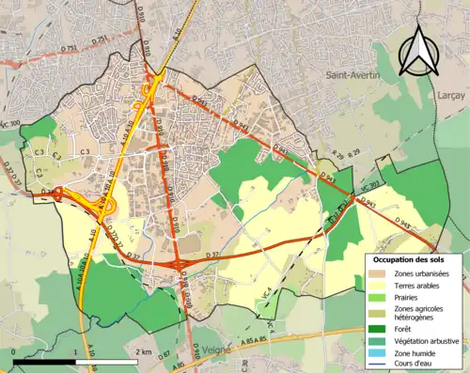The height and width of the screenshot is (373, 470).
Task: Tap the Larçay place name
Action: [451, 95]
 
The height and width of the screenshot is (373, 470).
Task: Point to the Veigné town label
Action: [216, 350]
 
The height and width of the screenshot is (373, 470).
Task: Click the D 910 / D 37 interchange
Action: [177, 265]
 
